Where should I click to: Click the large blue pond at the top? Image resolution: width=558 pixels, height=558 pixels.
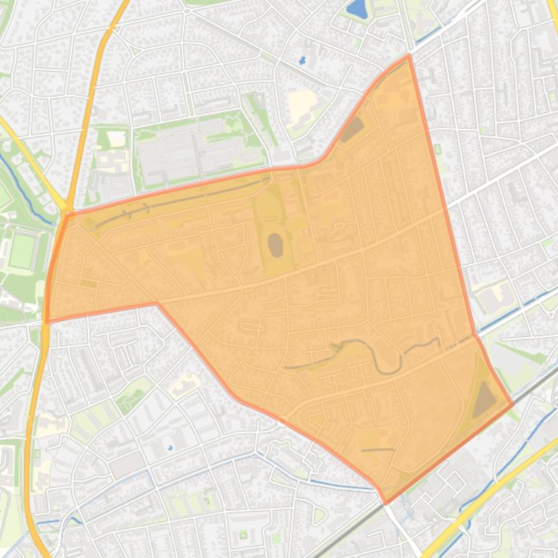[356, 9]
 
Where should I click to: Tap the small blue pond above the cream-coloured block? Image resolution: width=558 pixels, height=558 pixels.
[302, 61]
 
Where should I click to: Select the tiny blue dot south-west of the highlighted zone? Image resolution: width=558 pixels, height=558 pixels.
[171, 448]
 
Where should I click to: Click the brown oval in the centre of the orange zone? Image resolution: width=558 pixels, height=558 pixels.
[276, 245]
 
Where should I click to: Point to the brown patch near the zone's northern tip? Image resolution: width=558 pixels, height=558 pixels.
[353, 130]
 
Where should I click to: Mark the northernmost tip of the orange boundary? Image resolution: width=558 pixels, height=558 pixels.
[409, 55]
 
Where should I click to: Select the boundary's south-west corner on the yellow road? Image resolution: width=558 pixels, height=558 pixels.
[47, 321]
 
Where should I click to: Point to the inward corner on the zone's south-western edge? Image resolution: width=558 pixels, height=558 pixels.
[157, 304]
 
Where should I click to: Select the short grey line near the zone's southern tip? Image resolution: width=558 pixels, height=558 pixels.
[377, 450]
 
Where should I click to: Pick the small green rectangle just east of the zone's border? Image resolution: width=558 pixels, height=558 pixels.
[438, 149]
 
